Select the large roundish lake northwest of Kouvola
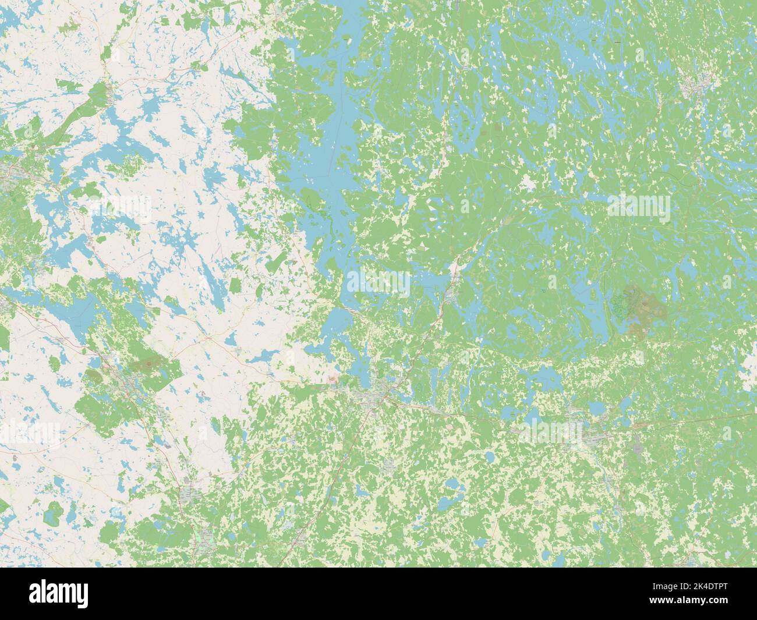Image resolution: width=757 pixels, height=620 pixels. point(544,378)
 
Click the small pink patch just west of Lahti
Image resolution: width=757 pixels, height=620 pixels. point(332,379)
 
